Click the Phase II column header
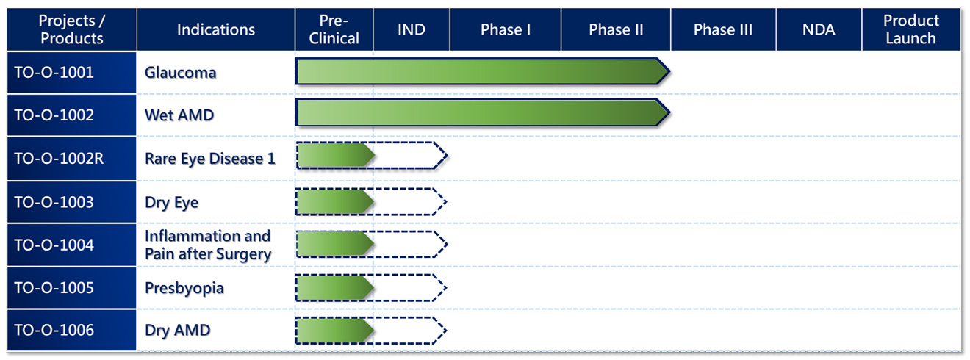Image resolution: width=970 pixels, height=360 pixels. coord(616,29)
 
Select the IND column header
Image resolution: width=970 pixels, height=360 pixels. coord(412,29)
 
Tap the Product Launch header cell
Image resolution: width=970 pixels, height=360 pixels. coord(911,29)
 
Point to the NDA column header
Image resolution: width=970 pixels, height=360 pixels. coord(819,29)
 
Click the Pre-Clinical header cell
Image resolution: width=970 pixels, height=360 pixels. coord(334,29)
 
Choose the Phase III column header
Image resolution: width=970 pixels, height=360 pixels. coord(723,29)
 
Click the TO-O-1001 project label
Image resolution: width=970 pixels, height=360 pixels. coord(54,72)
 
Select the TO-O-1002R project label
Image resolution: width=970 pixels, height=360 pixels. coord(60,159)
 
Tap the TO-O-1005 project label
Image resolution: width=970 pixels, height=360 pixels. coord(54,288)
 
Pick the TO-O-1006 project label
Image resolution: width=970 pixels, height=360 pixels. coord(54,330)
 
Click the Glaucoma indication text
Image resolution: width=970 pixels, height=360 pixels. coord(181,73)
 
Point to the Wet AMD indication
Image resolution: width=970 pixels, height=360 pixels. coord(179,115)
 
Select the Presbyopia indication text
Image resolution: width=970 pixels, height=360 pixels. coord(184,289)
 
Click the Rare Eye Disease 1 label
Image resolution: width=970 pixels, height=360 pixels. coord(210,159)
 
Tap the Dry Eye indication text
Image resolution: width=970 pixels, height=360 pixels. coord(171,203)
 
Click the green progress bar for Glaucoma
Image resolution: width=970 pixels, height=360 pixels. coord(483,71)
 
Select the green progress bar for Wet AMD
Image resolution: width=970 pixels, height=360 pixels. coord(483,113)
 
